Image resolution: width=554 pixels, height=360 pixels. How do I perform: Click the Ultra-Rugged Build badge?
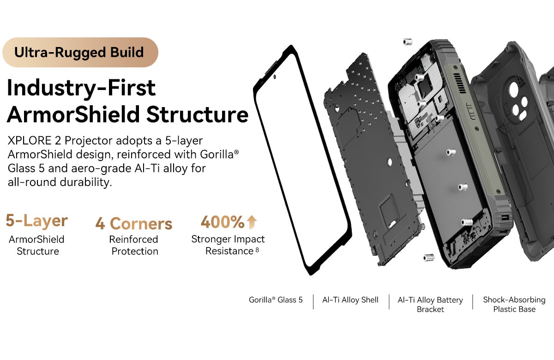pyautogui.click(x=80, y=53)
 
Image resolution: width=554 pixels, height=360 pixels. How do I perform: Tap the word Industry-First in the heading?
pyautogui.click(x=81, y=88)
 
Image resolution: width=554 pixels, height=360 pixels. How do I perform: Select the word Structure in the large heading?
pyautogui.click(x=197, y=114)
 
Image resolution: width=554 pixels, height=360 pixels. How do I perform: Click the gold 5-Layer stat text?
pyautogui.click(x=36, y=221)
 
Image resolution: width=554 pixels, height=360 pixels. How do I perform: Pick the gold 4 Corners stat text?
pyautogui.click(x=134, y=223)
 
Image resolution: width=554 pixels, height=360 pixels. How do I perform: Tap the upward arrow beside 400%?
pyautogui.click(x=252, y=222)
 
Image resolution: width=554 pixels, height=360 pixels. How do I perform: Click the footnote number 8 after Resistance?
pyautogui.click(x=257, y=250)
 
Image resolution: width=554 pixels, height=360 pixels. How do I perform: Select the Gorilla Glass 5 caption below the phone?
pyautogui.click(x=276, y=300)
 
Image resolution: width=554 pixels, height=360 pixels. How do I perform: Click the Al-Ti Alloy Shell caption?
pyautogui.click(x=350, y=300)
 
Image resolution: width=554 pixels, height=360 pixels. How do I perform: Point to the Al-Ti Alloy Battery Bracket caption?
pyautogui.click(x=430, y=305)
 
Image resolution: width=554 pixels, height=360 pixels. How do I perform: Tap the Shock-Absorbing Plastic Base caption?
pyautogui.click(x=514, y=304)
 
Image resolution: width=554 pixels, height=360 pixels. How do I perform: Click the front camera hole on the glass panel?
pyautogui.click(x=275, y=77)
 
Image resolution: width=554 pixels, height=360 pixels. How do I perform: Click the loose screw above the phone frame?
pyautogui.click(x=407, y=42)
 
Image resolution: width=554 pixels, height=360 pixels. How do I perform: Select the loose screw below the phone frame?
pyautogui.click(x=428, y=257)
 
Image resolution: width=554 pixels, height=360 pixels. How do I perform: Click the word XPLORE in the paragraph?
pyautogui.click(x=30, y=141)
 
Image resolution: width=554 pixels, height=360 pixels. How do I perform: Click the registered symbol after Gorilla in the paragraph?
pyautogui.click(x=236, y=152)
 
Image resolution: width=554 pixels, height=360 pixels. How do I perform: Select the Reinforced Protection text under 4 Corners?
pyautogui.click(x=134, y=245)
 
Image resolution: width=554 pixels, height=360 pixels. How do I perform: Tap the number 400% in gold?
pyautogui.click(x=223, y=222)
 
